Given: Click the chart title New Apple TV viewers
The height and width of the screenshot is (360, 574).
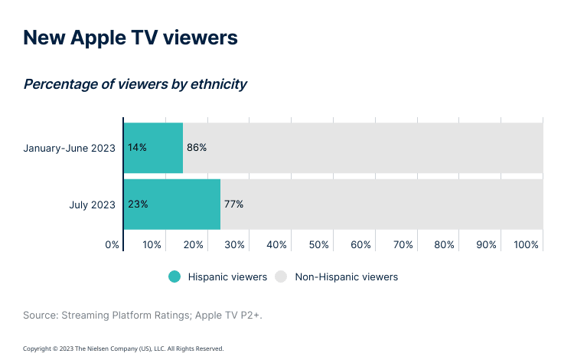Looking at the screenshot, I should click(x=130, y=38).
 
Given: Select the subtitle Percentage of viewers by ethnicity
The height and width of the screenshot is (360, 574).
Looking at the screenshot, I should click(x=135, y=84).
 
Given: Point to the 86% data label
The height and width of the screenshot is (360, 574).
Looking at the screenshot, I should click(x=197, y=147).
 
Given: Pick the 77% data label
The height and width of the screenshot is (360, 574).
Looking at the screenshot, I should click(x=233, y=205).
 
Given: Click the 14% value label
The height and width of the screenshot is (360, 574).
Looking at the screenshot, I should click(x=138, y=147).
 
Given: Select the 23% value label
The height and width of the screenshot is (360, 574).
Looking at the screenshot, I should click(x=138, y=205).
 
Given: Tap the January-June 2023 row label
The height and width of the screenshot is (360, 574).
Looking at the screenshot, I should click(x=69, y=147).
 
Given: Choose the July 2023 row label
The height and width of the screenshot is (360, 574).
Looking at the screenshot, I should click(x=92, y=205).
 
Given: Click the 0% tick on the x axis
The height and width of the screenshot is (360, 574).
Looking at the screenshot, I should click(x=113, y=244).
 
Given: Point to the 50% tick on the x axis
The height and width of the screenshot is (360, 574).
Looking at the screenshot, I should click(x=319, y=244).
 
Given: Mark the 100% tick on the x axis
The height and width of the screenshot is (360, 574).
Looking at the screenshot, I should click(x=527, y=244).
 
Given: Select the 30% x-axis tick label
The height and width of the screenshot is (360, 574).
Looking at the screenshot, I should click(x=235, y=244).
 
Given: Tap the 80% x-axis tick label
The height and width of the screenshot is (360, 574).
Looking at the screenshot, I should click(x=445, y=244).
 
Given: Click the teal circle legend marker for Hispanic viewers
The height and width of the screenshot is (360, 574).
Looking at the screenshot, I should click(x=175, y=277).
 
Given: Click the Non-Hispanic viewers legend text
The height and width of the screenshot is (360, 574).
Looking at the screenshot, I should click(x=346, y=277).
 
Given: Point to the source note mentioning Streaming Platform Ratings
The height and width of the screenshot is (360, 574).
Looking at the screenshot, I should click(x=142, y=315).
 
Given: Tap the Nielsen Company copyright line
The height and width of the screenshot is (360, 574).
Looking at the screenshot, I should click(x=123, y=349).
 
